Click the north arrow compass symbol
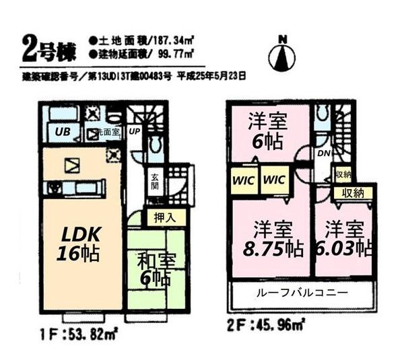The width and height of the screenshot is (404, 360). point(281,55)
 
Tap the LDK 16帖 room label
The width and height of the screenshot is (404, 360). point(81,244)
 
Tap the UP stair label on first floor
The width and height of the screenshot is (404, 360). point(134,131)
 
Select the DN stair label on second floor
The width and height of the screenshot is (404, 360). point(323,153)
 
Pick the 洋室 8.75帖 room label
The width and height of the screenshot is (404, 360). point(271,239)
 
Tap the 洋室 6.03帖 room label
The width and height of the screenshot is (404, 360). point(343,239)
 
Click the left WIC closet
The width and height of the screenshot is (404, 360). point(243,180)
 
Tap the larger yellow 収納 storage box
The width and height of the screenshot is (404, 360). point(353,192)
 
